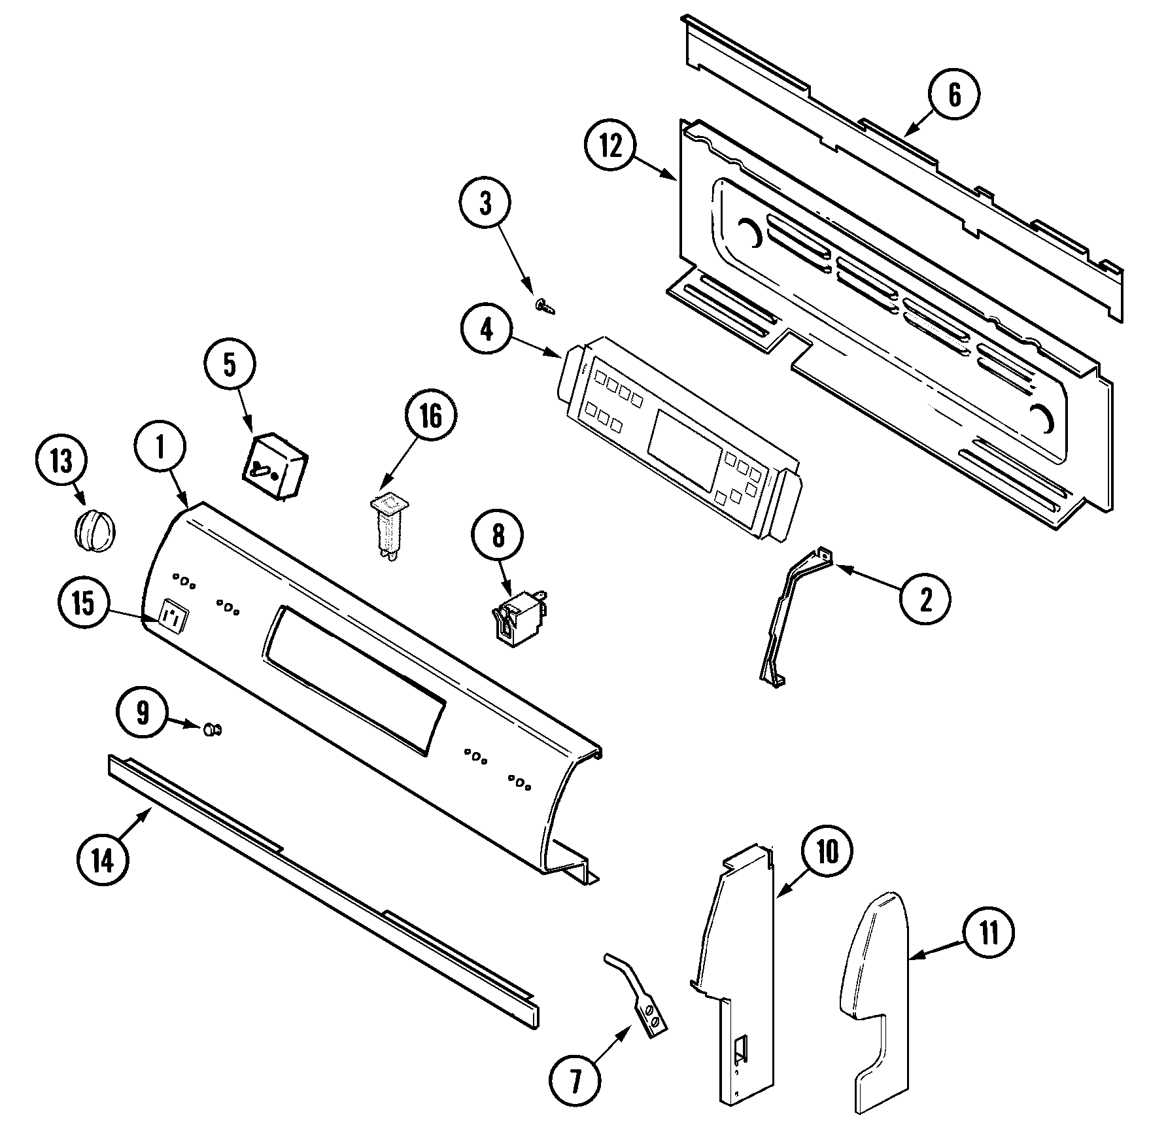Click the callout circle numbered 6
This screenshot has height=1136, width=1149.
click(954, 95)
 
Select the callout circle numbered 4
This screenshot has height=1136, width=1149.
click(487, 331)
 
